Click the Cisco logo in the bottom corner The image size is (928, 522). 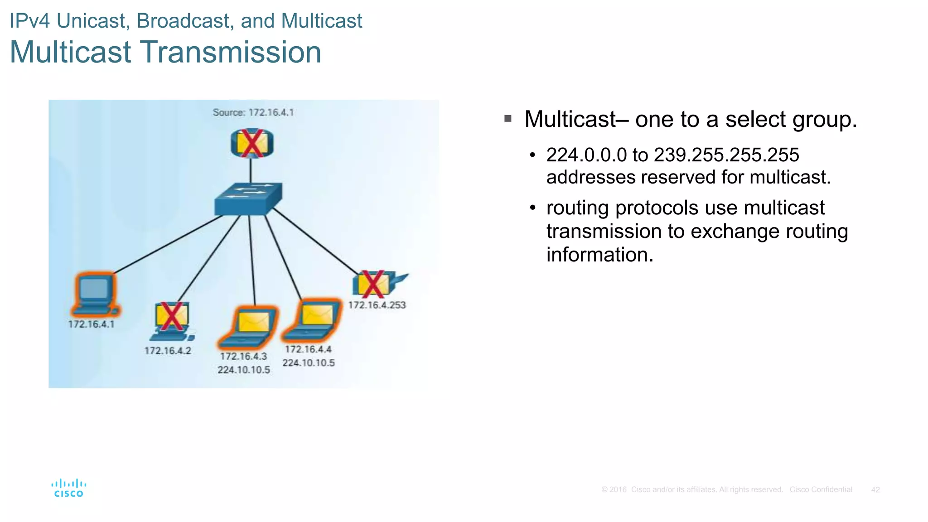[69, 488]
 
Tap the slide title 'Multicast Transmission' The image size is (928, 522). [165, 52]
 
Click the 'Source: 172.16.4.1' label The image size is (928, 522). [253, 112]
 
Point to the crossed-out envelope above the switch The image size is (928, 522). [252, 144]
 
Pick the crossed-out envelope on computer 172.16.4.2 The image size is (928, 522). [171, 316]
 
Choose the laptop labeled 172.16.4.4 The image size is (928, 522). [313, 320]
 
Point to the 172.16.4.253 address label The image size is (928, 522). [377, 305]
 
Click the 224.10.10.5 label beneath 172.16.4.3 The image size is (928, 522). [244, 370]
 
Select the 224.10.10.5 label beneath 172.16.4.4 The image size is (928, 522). [309, 362]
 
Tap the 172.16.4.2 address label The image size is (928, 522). [168, 351]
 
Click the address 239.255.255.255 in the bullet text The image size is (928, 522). [726, 155]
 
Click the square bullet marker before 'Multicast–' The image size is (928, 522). [508, 119]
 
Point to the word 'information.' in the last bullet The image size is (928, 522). [600, 255]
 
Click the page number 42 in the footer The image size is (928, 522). [875, 489]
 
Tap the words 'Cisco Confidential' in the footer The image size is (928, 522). [821, 489]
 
